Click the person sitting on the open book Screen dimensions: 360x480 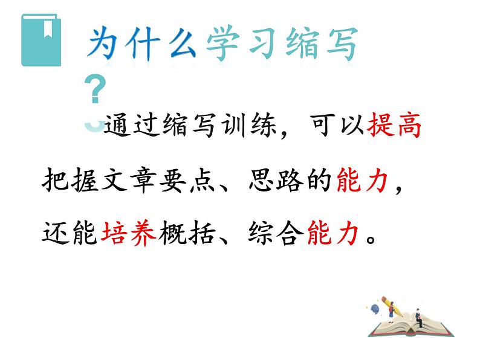[417, 317]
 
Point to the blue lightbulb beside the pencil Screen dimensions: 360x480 [374, 309]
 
